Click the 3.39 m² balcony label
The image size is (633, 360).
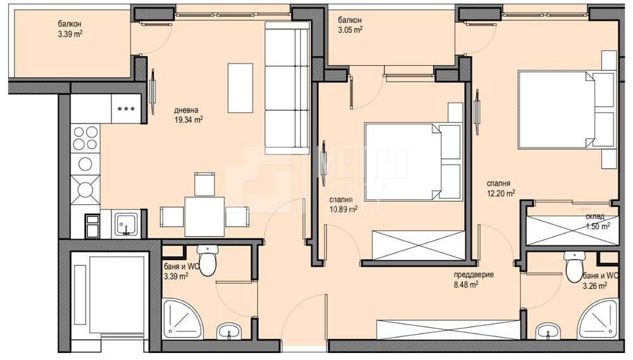70,30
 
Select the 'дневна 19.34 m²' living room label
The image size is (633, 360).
188,113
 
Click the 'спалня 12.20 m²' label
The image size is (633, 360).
500,188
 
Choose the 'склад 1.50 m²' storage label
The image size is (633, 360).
597,220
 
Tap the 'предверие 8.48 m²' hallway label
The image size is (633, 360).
473,279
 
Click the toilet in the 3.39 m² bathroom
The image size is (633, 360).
207,259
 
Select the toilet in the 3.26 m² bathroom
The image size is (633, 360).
575,266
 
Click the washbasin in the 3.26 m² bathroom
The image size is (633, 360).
548,331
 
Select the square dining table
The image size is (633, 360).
204,216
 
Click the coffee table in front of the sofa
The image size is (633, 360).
240,87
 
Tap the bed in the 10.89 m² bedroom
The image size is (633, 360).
411,161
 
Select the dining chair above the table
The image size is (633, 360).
204,183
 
